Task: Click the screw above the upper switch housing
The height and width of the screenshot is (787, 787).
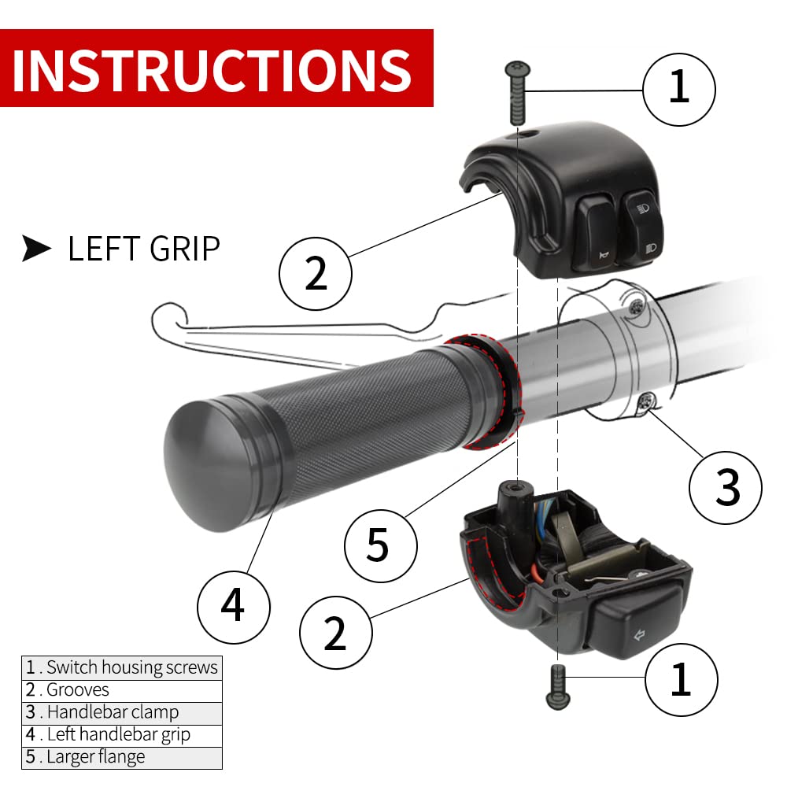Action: click(x=515, y=93)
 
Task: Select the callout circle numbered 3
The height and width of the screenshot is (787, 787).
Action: click(x=726, y=486)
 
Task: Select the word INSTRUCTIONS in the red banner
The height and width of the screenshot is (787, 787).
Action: click(x=212, y=68)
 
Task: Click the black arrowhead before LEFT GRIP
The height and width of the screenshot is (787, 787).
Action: click(x=37, y=249)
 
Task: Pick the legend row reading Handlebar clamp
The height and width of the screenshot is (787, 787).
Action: click(x=122, y=712)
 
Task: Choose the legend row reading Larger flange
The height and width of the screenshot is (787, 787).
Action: click(x=122, y=757)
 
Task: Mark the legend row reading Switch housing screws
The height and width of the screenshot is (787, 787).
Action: click(x=122, y=667)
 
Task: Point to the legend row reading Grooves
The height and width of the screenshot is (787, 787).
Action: click(x=122, y=690)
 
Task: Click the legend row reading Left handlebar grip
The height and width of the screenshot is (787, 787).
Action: click(x=122, y=735)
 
